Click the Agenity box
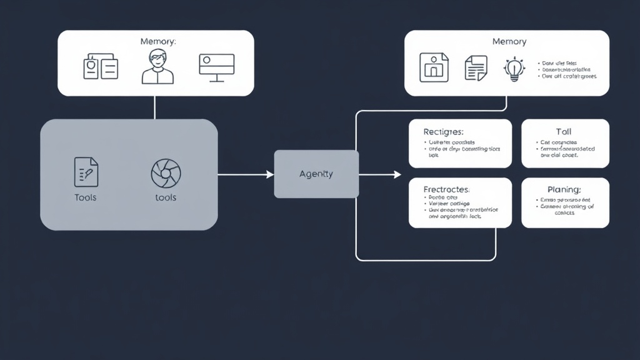point(316,174)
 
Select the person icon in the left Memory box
point(157,67)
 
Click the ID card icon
point(100,66)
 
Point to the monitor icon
point(216,67)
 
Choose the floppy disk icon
point(434,67)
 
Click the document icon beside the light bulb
point(475,67)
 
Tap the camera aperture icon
point(166,173)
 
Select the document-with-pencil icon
point(86,171)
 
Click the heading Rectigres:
point(444,132)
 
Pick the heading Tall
point(564,132)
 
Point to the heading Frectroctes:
point(446,189)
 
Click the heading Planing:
point(564,189)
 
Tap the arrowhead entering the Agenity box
point(270,174)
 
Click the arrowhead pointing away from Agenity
point(397,174)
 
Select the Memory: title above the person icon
point(158,41)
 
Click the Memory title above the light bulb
point(509,41)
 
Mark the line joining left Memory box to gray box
point(154,107)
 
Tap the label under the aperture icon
point(166,197)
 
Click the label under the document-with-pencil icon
point(86,197)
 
